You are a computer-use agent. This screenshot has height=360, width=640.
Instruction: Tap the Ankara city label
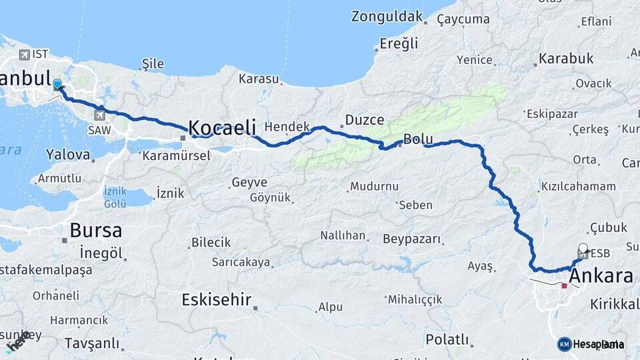click(x=601, y=276)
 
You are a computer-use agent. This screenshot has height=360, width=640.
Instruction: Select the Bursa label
click(x=96, y=231)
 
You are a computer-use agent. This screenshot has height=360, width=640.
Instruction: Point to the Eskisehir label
click(x=217, y=300)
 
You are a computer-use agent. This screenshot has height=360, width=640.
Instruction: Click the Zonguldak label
click(x=387, y=16)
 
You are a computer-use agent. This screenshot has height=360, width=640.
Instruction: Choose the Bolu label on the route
click(x=418, y=140)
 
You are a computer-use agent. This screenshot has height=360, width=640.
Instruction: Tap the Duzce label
click(x=365, y=121)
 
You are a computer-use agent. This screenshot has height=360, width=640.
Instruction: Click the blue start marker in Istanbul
click(x=57, y=84)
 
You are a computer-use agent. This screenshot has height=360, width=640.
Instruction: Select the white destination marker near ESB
click(x=584, y=249)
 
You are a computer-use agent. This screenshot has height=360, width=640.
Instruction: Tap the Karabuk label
click(x=566, y=59)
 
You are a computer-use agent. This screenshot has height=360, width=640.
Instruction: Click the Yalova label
click(x=68, y=155)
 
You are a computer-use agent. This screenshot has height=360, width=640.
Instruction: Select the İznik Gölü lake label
click(x=115, y=197)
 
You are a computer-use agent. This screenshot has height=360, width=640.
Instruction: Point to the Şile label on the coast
click(x=153, y=64)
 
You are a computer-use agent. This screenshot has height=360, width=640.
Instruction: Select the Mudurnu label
click(x=375, y=186)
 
